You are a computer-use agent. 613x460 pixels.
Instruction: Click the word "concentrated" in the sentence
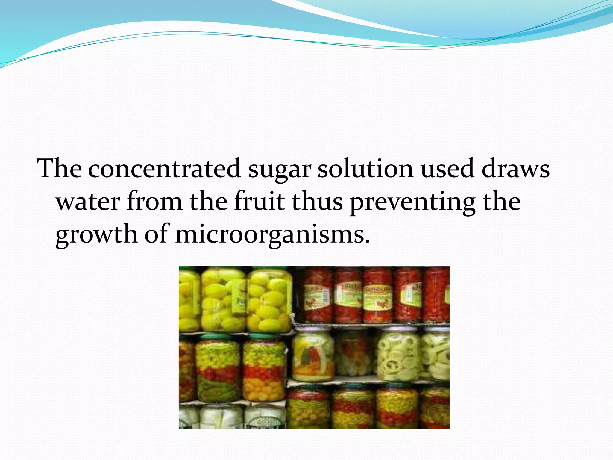tap(164, 169)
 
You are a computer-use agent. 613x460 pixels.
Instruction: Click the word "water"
tap(88, 202)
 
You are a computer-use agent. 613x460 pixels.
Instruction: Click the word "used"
tap(447, 169)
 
